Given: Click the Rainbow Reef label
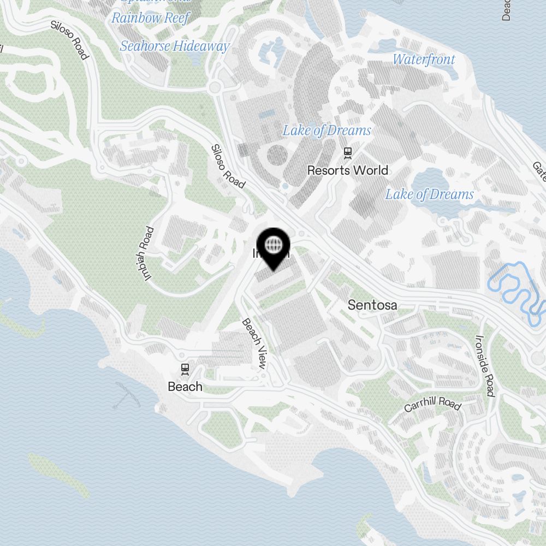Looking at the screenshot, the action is (150, 18).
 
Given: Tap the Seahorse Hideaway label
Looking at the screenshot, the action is (174, 46).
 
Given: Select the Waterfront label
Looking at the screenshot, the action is (424, 59).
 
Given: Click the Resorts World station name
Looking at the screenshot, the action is (347, 170).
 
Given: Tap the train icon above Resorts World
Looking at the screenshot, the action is (347, 152).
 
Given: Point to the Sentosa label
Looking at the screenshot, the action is (372, 305).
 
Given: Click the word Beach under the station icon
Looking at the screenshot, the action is (185, 387).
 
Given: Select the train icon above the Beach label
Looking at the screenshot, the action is (186, 369).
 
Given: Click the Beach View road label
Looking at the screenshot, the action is (254, 343).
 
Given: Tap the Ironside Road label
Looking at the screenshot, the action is (484, 366).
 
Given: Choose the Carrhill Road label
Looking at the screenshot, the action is (432, 405).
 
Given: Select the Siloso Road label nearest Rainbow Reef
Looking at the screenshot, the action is (69, 40).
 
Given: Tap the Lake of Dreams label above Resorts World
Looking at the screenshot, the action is (327, 130).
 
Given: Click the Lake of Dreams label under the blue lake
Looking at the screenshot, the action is (429, 194).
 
